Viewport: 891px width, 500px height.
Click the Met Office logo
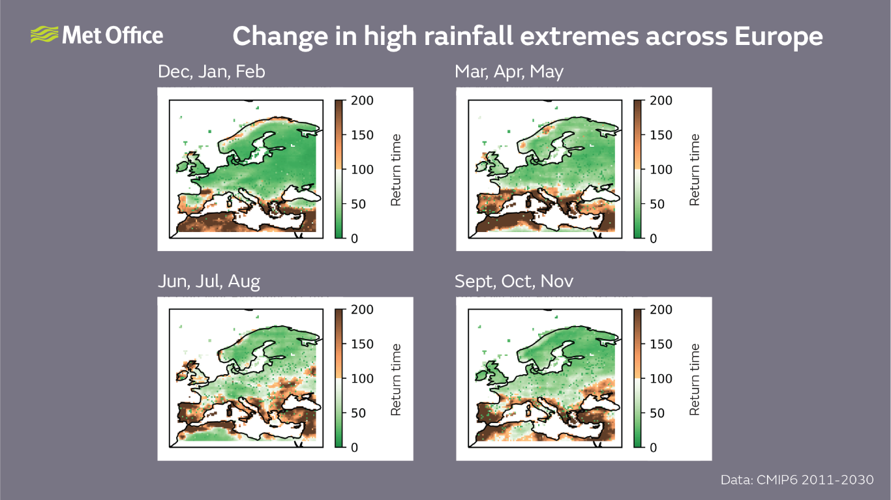[97, 35]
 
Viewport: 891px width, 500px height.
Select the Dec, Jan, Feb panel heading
[211, 72]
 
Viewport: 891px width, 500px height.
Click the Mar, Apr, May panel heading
[509, 72]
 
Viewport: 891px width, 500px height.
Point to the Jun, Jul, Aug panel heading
[209, 282]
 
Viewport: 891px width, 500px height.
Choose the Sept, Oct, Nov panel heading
[514, 282]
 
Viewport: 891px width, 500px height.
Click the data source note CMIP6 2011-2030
[797, 480]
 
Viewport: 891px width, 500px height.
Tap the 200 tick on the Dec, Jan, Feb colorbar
[362, 101]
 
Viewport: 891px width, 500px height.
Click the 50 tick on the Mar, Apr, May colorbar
[657, 205]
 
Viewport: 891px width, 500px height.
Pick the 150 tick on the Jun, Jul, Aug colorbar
[362, 344]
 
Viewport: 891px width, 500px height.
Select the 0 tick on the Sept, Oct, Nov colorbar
[654, 448]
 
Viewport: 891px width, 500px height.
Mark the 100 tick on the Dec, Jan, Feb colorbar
[362, 170]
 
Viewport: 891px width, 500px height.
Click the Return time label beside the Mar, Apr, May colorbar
[694, 169]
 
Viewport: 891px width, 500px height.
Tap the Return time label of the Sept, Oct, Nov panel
[694, 379]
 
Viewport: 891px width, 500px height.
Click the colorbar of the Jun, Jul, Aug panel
[339, 378]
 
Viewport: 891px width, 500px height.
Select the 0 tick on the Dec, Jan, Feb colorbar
[355, 239]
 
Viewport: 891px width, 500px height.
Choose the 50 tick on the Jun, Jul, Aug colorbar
[359, 413]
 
